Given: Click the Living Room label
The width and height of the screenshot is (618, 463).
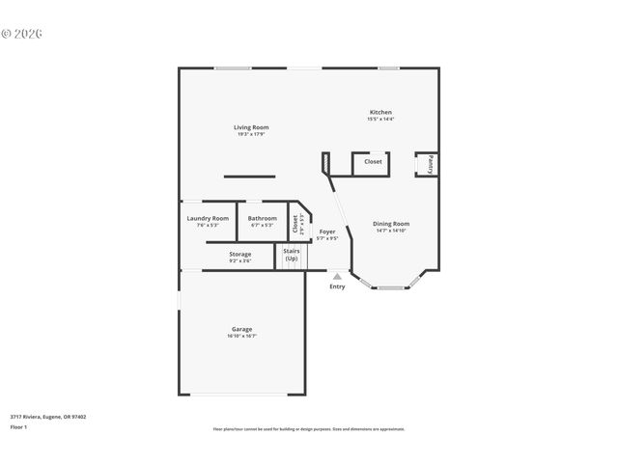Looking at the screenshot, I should tap(251, 127).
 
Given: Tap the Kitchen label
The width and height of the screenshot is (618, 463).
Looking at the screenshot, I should tap(379, 112).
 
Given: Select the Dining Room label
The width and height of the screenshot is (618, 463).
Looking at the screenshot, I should tap(391, 224).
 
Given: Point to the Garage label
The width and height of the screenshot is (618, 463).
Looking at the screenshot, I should tap(241, 329).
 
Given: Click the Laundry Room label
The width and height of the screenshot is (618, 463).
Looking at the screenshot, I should tap(208, 218).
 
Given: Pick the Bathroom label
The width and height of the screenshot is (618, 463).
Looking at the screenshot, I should tap(262, 218).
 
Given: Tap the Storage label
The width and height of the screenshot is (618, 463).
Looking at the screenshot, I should tap(239, 254).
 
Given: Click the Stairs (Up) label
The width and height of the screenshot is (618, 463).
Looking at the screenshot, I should tap(291, 255).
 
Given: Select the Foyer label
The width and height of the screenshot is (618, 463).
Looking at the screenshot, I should tap(328, 231).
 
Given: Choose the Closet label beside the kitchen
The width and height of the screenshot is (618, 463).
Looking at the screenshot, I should tap(373, 161).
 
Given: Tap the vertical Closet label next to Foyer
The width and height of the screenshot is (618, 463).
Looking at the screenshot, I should tap(296, 225).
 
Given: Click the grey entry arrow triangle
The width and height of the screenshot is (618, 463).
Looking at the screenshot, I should tap(337, 276).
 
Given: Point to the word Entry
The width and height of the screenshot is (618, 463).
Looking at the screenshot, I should tap(337, 286).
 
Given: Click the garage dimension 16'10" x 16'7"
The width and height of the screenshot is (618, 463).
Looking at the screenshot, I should tap(241, 336).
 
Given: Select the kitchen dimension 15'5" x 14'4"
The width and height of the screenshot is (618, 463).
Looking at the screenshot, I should tap(379, 119).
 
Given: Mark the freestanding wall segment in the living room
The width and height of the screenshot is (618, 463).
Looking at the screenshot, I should tap(249, 176).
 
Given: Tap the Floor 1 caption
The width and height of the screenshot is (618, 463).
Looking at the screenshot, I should tap(18, 426).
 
